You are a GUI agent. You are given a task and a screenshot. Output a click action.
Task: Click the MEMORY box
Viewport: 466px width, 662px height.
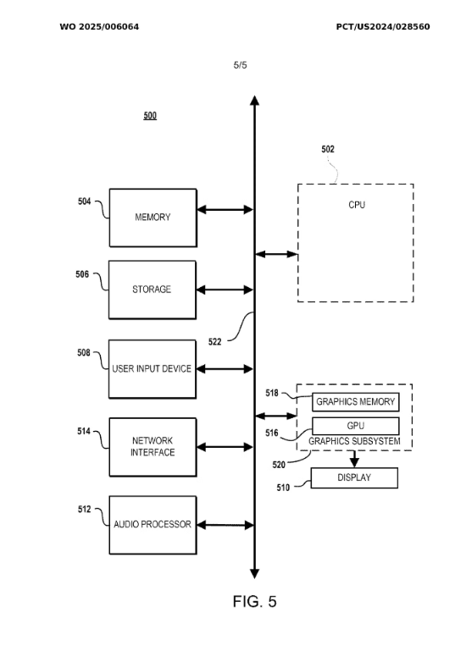pos(153,218)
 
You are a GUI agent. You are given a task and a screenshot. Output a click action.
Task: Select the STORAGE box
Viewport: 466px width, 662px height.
pos(153,290)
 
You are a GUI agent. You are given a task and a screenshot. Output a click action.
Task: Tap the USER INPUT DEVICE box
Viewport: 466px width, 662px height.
pos(153,369)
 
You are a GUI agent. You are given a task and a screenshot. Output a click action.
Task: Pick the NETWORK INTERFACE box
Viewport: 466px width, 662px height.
pos(153,447)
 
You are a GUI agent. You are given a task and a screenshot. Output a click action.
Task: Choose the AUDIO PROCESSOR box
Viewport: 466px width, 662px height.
pos(153,525)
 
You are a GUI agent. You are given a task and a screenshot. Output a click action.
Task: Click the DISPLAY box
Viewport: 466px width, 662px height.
pos(354,478)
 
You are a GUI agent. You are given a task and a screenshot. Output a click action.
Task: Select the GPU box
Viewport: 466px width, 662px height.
pos(356,426)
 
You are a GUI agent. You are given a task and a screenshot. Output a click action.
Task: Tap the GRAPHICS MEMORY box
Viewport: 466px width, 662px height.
pos(356,402)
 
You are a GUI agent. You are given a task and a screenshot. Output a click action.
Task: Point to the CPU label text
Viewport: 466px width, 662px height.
pos(357,205)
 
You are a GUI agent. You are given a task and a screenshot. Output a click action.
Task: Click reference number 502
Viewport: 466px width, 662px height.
pos(328,149)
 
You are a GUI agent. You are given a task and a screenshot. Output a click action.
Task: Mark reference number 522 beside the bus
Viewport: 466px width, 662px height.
pos(214,342)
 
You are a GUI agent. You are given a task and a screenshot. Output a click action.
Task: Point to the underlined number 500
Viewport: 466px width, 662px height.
pos(150,116)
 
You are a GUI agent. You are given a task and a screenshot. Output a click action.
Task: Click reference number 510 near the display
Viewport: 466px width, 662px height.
pos(283,488)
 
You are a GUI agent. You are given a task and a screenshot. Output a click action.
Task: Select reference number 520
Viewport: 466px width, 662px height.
pos(279,465)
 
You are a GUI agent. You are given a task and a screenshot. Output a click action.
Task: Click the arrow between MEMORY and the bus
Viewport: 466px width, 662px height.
pos(225,209)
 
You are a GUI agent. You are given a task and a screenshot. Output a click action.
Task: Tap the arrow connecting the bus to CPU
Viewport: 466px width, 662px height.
pos(277,254)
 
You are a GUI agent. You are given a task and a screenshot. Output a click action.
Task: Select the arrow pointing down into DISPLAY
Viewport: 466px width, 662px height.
pos(354,459)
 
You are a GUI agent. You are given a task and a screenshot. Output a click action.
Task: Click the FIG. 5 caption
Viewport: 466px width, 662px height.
pos(255,601)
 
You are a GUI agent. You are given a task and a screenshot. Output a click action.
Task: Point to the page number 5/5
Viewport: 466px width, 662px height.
pos(240,65)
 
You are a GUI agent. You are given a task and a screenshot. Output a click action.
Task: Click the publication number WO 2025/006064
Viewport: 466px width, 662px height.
pos(99,26)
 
